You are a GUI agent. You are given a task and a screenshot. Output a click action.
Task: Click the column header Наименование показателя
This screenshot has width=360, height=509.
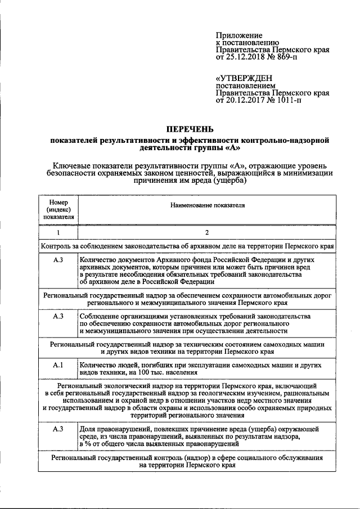pos(208,206)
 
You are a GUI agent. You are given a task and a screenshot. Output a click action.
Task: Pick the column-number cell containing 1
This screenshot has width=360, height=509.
pos(58,232)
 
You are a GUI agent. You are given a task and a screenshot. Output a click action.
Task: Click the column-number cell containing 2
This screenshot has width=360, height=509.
pos(207,232)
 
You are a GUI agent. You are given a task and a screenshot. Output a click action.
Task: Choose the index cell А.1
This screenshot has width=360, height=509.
pos(58,366)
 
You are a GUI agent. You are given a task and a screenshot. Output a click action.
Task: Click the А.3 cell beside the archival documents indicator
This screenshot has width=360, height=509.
pos(58,260)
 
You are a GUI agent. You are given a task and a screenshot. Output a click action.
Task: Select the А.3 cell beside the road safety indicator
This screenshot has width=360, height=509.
pos(58,317)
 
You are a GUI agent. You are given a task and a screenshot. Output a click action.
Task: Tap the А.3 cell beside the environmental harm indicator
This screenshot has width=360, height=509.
pos(58,429)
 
